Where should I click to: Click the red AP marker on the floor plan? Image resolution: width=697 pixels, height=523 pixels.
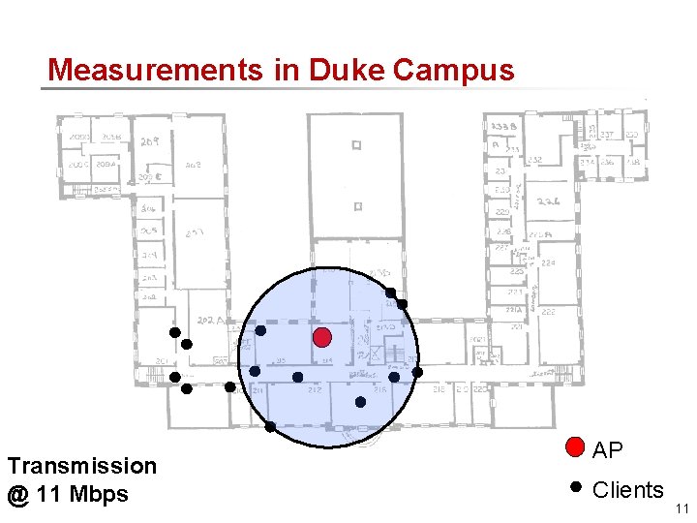[x=322, y=337]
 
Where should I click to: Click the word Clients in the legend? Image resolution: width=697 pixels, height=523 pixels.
[x=627, y=490]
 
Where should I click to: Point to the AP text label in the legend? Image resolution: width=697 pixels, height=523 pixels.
[x=608, y=450]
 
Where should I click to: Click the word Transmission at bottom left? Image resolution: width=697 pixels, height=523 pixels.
[x=81, y=466]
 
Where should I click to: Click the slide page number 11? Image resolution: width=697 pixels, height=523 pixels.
[x=682, y=508]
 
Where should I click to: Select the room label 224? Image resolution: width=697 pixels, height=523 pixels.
[x=548, y=262]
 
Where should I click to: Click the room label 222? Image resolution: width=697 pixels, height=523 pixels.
[x=547, y=312]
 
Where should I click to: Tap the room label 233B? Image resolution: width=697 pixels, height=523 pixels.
[x=503, y=128]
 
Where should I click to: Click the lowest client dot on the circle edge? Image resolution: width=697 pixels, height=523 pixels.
[x=270, y=426]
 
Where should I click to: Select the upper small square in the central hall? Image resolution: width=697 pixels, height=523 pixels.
[x=357, y=146]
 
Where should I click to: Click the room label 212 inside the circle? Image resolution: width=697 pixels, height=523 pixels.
[x=315, y=389]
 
